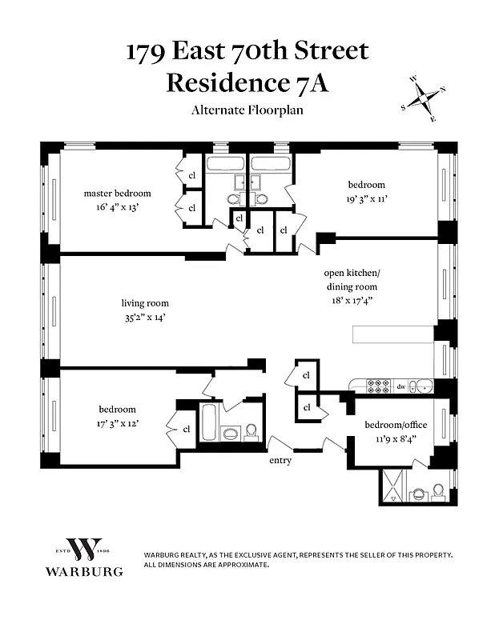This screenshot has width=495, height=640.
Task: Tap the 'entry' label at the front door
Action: click(x=280, y=461)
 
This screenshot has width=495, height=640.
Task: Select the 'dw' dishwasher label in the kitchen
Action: click(x=400, y=386)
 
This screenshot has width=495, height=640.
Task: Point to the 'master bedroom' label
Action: click(x=118, y=193)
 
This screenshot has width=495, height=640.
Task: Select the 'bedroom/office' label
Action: click(x=396, y=424)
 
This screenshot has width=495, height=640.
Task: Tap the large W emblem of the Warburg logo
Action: click(x=83, y=550)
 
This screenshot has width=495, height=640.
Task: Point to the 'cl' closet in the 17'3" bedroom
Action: click(x=186, y=429)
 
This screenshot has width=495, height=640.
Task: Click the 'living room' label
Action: click(x=145, y=303)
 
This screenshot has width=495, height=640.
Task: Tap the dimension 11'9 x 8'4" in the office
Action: click(x=396, y=438)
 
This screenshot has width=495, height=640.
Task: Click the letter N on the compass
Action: click(x=442, y=90)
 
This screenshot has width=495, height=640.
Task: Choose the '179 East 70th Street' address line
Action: click(x=247, y=51)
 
